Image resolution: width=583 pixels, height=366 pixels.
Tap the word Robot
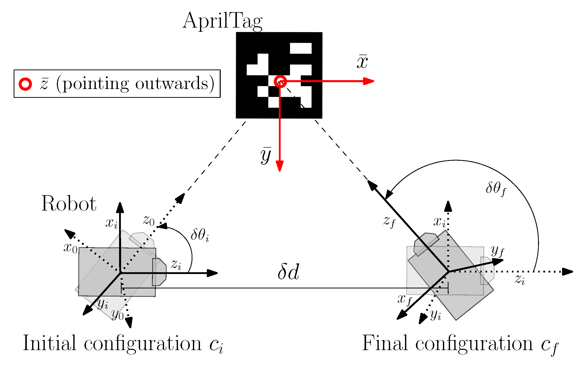point(69,204)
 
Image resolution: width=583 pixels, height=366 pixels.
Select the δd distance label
point(288,272)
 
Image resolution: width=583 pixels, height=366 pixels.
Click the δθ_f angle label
point(496,189)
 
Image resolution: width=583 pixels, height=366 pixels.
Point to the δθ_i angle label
point(200,235)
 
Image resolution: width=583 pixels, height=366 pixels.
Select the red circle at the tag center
point(280,81)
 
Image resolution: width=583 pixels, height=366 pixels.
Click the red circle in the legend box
point(25,84)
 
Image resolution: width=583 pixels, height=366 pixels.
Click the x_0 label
point(70,248)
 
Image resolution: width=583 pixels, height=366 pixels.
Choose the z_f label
point(389,221)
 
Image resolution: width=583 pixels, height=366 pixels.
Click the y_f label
point(497,251)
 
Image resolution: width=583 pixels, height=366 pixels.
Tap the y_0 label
point(118,315)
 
